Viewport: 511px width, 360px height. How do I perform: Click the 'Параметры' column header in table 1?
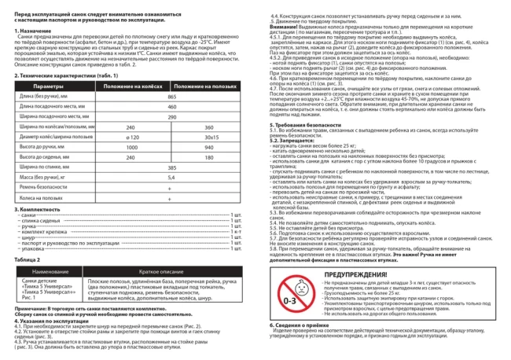pos(48,85)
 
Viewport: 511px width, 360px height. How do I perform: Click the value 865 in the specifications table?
pos(171,95)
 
